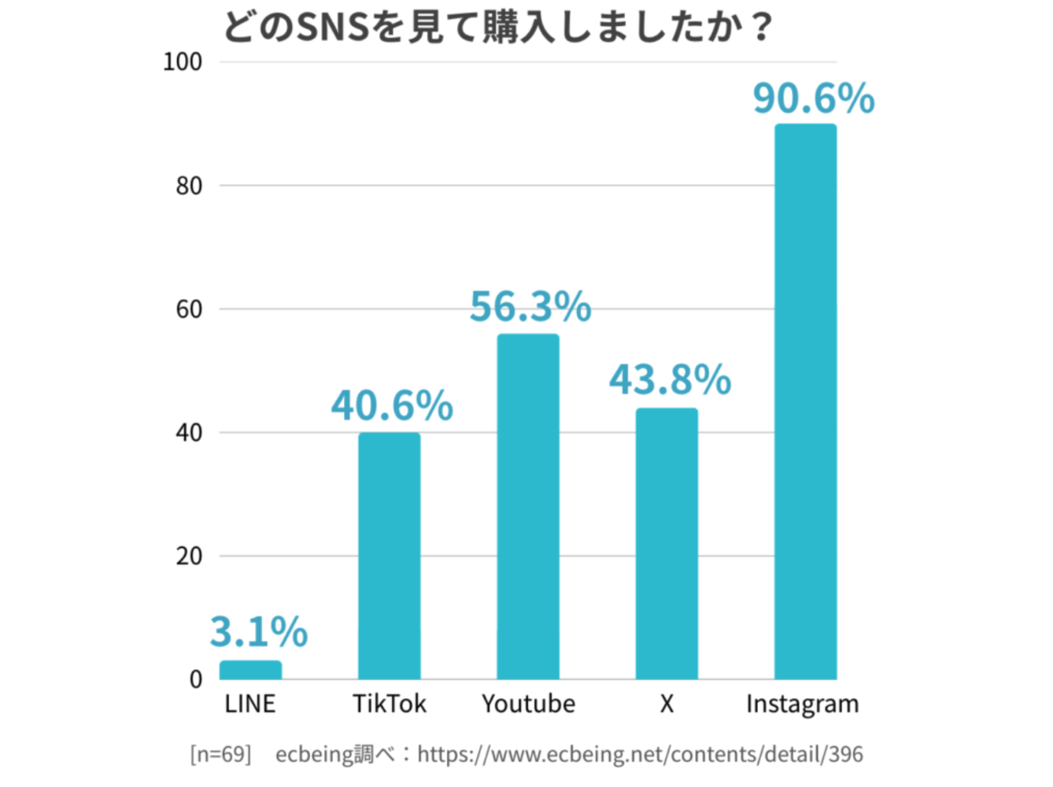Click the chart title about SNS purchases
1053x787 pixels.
[497, 28]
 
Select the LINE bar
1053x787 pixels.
[250, 670]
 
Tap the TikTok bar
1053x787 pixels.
[389, 555]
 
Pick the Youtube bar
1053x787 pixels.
[528, 506]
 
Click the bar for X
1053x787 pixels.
[667, 543]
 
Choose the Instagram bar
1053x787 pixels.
[805, 401]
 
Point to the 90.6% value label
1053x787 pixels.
[813, 98]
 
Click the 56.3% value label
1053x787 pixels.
[530, 307]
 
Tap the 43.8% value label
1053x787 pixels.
[670, 379]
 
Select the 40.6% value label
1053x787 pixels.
[391, 405]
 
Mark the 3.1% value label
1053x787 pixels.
[258, 632]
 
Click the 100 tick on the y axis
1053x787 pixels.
[183, 62]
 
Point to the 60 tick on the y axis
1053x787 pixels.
[189, 309]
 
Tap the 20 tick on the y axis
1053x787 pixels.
[189, 556]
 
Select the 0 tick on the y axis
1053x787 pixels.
[196, 680]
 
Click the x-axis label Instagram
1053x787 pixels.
[802, 704]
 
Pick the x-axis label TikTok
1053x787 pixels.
[389, 704]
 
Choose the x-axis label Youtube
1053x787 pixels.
[528, 704]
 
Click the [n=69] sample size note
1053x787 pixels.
[220, 754]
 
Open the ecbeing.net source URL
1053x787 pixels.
[640, 754]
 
